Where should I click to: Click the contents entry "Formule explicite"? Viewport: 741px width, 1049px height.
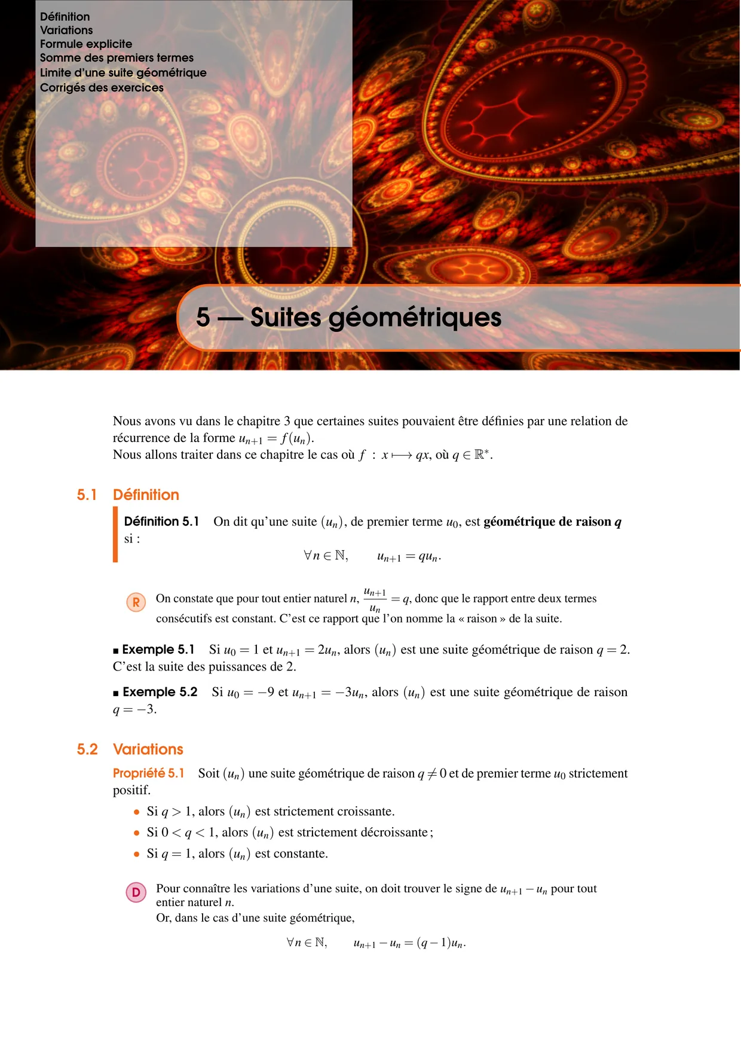pos(86,44)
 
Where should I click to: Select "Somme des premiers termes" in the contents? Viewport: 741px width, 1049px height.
pos(117,58)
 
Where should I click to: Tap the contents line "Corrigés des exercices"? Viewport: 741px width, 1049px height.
pos(102,88)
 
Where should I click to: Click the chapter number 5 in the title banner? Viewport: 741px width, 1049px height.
pos(203,318)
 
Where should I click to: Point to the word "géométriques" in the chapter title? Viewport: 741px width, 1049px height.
pos(415,318)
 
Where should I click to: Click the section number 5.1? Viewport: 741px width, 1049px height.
pos(87,495)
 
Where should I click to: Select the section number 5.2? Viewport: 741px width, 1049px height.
pos(87,749)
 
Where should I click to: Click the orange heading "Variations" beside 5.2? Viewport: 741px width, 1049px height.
pos(148,749)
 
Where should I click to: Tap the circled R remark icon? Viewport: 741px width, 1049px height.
pos(136,602)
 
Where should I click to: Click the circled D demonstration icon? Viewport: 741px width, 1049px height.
pos(136,892)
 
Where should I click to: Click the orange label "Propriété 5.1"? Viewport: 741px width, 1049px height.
pos(149,773)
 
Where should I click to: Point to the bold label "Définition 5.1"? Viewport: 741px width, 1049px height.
pos(161,522)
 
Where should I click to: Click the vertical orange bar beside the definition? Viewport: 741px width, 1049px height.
pos(115,535)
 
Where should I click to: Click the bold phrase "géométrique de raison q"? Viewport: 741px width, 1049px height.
pos(552,522)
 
